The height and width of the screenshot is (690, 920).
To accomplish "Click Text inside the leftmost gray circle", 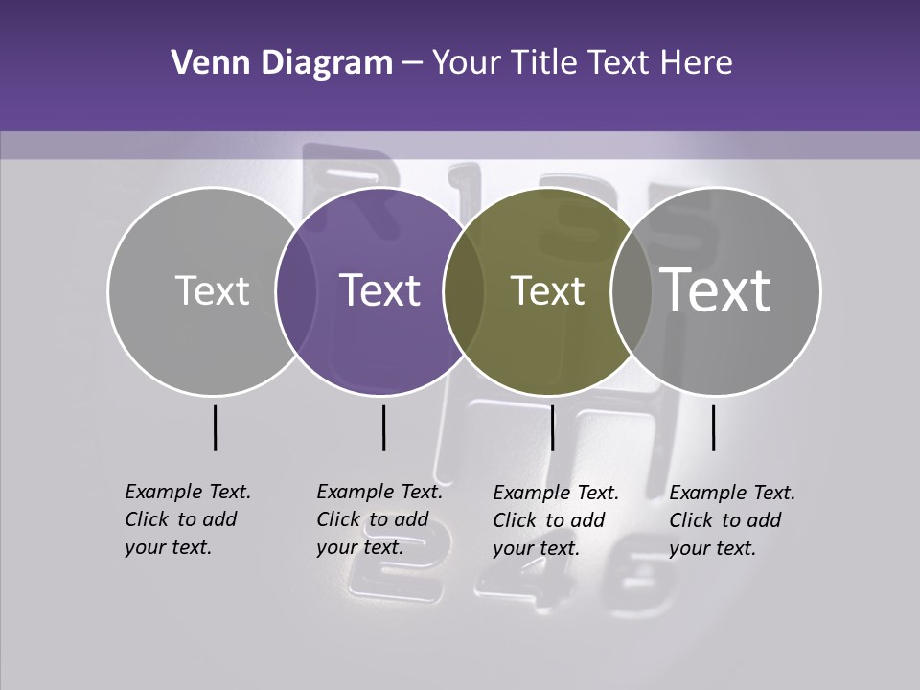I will tap(212, 290).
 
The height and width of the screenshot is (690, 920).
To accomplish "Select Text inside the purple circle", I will tap(380, 290).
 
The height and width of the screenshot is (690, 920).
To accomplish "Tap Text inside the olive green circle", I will tap(547, 290).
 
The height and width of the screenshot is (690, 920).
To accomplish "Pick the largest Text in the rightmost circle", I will tap(716, 289).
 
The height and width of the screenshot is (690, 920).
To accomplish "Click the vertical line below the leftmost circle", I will tap(215, 427).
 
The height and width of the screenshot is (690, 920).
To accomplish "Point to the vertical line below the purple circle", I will tap(383, 427).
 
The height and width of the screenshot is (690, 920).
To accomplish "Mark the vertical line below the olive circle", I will tap(552, 427).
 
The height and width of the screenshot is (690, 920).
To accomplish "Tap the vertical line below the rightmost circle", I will tap(713, 427).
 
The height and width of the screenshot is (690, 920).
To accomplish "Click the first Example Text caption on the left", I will tap(187, 519).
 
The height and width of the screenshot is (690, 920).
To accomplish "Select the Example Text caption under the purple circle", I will tap(379, 519).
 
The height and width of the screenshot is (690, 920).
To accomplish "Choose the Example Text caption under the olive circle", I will tap(555, 520).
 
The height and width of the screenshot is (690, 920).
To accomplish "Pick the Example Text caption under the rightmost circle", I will tap(731, 520).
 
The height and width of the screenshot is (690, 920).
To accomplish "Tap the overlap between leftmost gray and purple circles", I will tap(295, 291).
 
